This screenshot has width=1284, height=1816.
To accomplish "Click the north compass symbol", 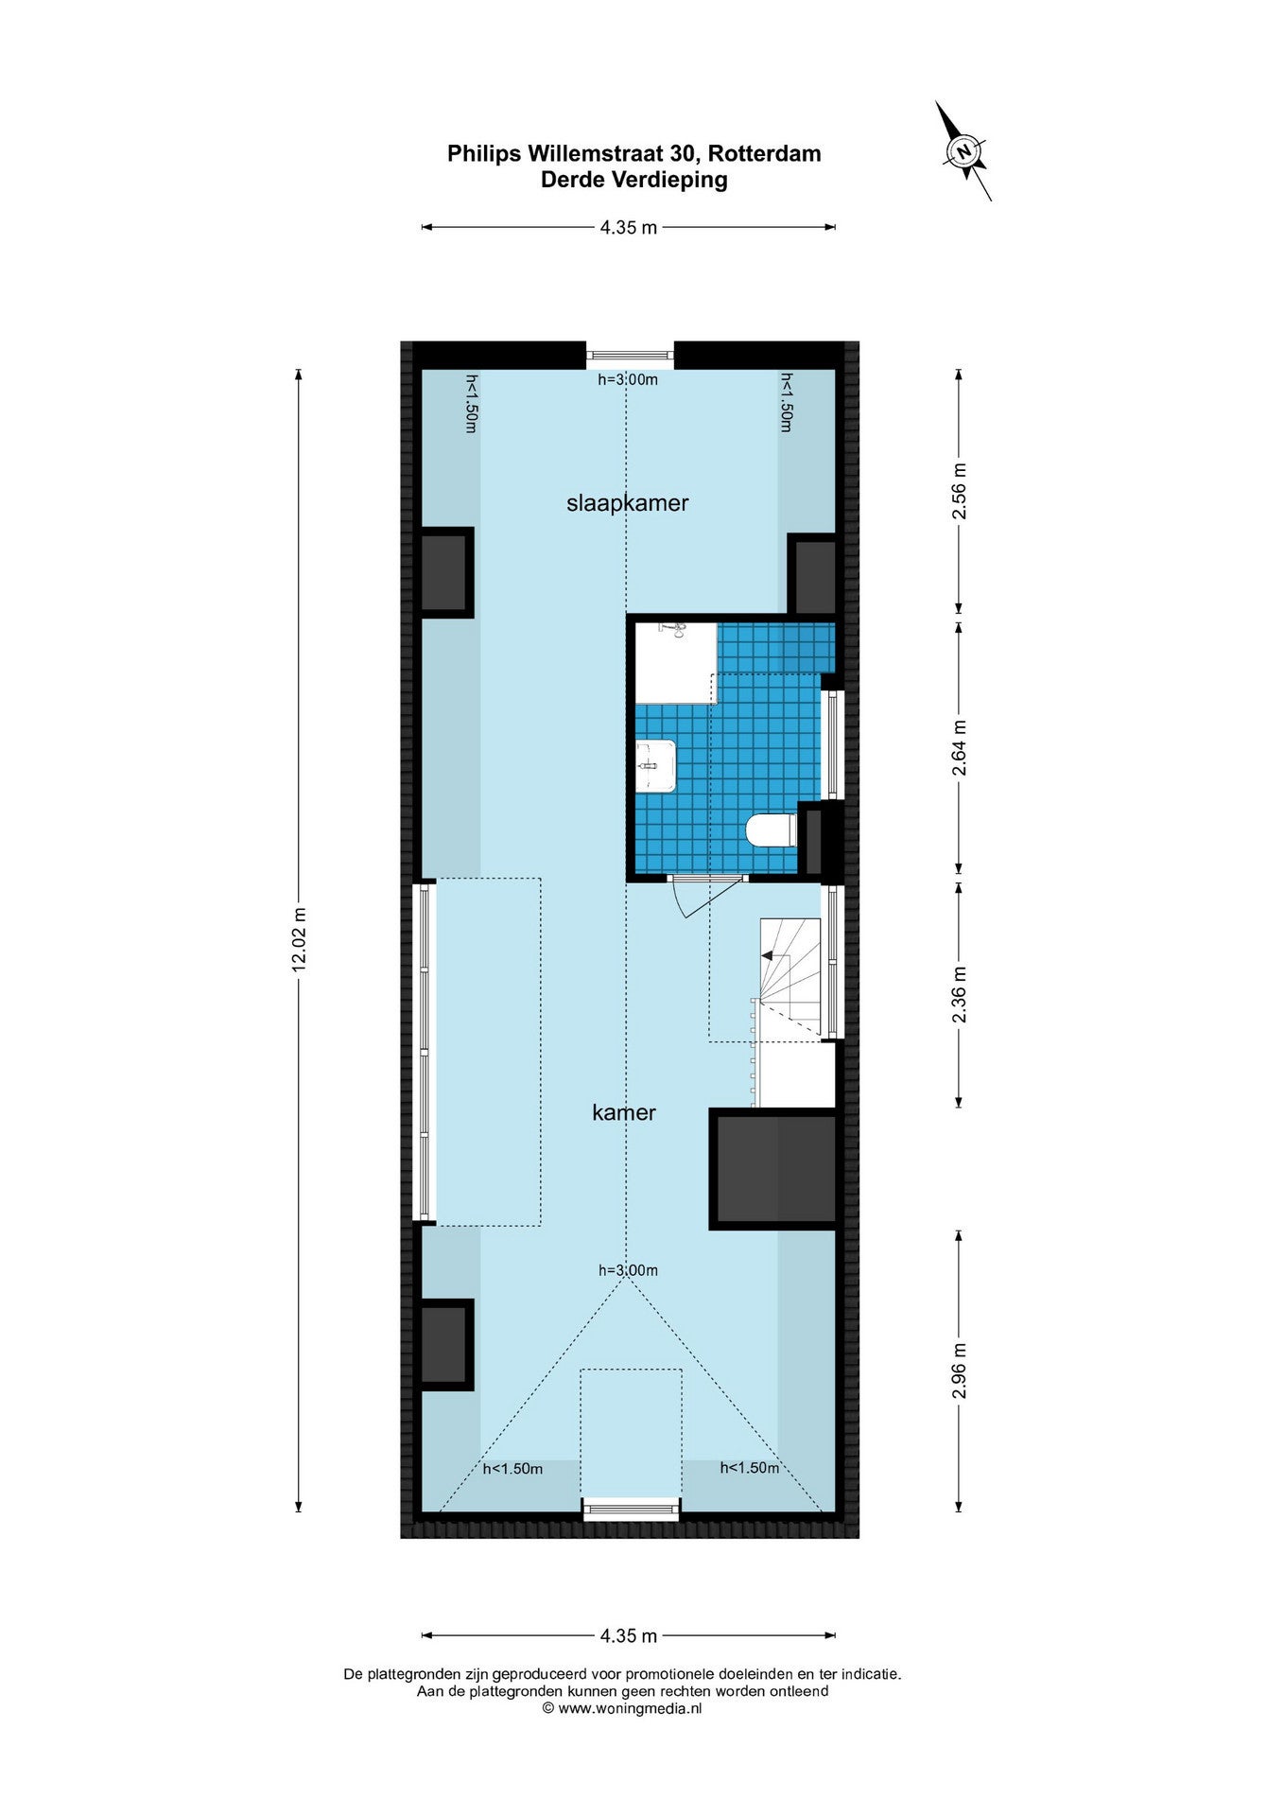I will (x=963, y=151).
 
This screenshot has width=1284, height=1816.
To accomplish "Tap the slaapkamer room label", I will (x=627, y=503).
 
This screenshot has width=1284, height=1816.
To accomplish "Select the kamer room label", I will (x=624, y=1112).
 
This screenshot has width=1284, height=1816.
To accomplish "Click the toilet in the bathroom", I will (x=771, y=831).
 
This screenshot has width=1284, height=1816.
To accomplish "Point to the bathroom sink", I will (x=655, y=765).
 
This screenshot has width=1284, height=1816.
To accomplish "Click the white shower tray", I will (x=675, y=663).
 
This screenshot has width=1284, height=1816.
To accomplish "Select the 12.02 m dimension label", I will (x=300, y=939).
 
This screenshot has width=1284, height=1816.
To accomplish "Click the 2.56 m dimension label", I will (x=960, y=490).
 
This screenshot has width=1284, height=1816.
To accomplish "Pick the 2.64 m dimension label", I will (x=960, y=748).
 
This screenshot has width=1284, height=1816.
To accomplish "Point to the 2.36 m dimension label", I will (x=960, y=993).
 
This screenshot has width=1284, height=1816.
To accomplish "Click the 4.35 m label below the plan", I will (x=628, y=1635).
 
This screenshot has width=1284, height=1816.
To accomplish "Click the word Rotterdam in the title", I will (x=764, y=153).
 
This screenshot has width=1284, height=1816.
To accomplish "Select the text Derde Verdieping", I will (x=633, y=180).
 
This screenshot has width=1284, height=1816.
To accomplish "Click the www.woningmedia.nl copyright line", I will (x=622, y=1708).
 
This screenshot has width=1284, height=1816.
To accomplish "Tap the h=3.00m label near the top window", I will (x=628, y=379).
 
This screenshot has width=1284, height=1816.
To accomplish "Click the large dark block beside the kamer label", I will (x=773, y=1169).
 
